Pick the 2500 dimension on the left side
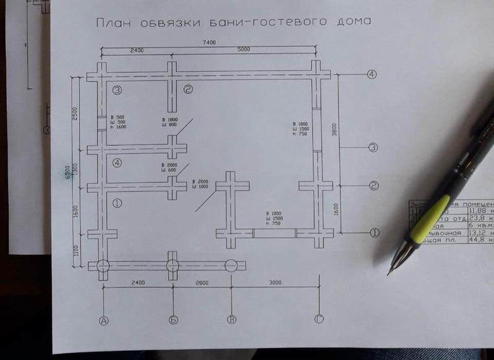click(x=74, y=114)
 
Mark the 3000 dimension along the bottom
click(x=275, y=283)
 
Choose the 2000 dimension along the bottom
click(x=201, y=283)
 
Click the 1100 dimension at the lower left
click(x=75, y=251)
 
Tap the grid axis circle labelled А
click(x=104, y=320)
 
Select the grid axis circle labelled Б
click(x=174, y=320)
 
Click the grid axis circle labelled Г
click(x=319, y=320)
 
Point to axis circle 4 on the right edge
click(x=372, y=74)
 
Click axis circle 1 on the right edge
click(x=374, y=233)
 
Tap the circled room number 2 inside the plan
click(x=188, y=90)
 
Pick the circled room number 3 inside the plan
click(x=117, y=90)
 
